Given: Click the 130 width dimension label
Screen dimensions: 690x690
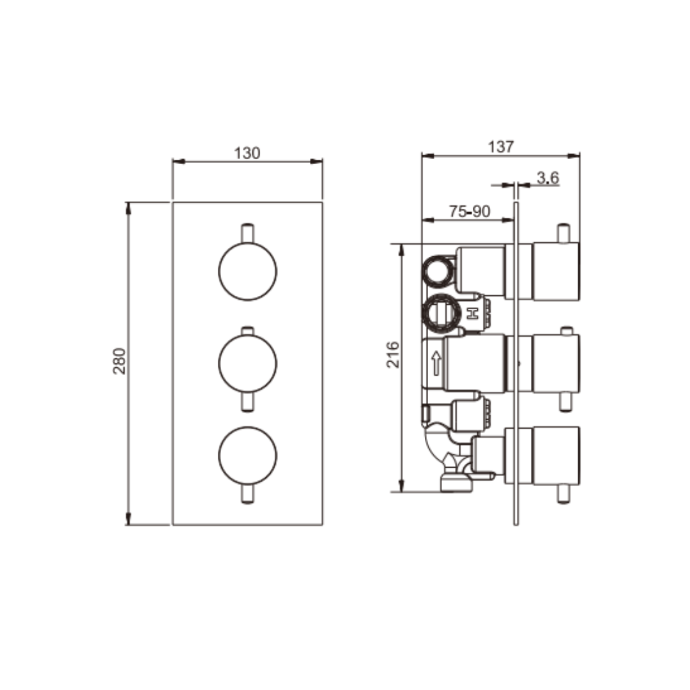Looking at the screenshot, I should pyautogui.click(x=247, y=153).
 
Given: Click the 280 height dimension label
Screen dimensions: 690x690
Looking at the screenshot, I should pyautogui.click(x=120, y=361).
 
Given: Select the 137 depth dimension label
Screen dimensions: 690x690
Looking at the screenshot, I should pyautogui.click(x=500, y=147).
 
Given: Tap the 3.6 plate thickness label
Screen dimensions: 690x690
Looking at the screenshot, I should pyautogui.click(x=547, y=178).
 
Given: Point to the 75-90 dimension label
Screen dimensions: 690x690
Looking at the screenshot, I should pyautogui.click(x=470, y=212).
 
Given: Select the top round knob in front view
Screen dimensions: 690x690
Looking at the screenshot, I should pyautogui.click(x=248, y=271).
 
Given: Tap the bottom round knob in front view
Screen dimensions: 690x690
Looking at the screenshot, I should pyautogui.click(x=248, y=456).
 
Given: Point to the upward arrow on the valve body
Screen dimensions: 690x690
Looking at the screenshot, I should pyautogui.click(x=437, y=364).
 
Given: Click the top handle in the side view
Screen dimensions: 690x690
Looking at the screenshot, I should pyautogui.click(x=556, y=272).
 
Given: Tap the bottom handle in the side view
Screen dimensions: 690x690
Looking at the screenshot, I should pyautogui.click(x=556, y=456).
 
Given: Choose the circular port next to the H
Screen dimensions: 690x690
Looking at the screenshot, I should pyautogui.click(x=441, y=313).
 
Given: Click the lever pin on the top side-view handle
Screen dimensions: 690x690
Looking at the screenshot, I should pyautogui.click(x=563, y=233).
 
